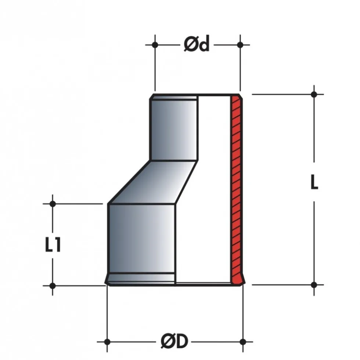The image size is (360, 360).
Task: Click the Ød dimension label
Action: (197, 44)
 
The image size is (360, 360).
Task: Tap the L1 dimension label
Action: (53, 245)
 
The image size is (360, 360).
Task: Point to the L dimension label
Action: (314, 182)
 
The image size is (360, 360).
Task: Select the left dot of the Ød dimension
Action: (155, 45)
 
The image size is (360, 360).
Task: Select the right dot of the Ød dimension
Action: (240, 45)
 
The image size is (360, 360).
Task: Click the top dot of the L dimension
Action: (314, 94)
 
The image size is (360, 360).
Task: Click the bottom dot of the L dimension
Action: (314, 285)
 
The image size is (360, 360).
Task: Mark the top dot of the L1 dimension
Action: (53, 204)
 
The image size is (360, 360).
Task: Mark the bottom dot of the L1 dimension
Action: (53, 286)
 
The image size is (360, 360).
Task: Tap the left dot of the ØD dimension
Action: (107, 342)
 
